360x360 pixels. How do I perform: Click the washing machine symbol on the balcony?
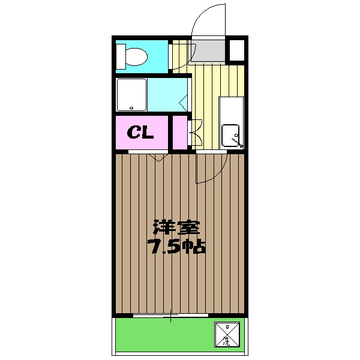tap(227, 335)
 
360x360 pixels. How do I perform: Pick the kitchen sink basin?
tap(231, 136)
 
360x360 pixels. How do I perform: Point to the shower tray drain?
tap(132, 109)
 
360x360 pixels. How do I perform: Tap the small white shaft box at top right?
tap(236, 50)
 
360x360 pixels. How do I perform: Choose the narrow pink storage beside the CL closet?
tap(179, 133)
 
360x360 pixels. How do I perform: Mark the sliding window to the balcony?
tap(171, 315)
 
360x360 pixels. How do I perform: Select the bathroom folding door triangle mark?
tap(182, 102)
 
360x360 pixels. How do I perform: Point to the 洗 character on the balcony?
tap(227, 342)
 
